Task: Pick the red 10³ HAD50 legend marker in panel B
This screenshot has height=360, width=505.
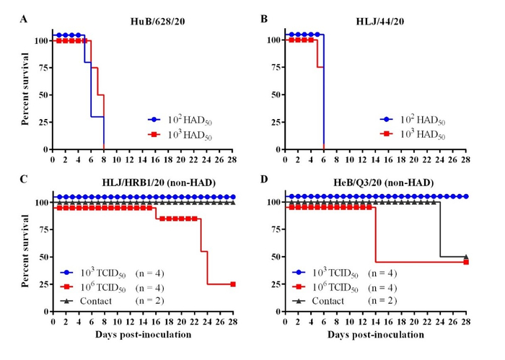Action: coord(387,135)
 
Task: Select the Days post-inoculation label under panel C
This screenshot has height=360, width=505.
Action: coord(144,335)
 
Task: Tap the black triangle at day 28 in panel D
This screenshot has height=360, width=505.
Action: coord(466,256)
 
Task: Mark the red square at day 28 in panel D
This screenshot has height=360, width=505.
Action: coord(466,262)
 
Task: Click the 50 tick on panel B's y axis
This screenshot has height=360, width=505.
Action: coord(274,95)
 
